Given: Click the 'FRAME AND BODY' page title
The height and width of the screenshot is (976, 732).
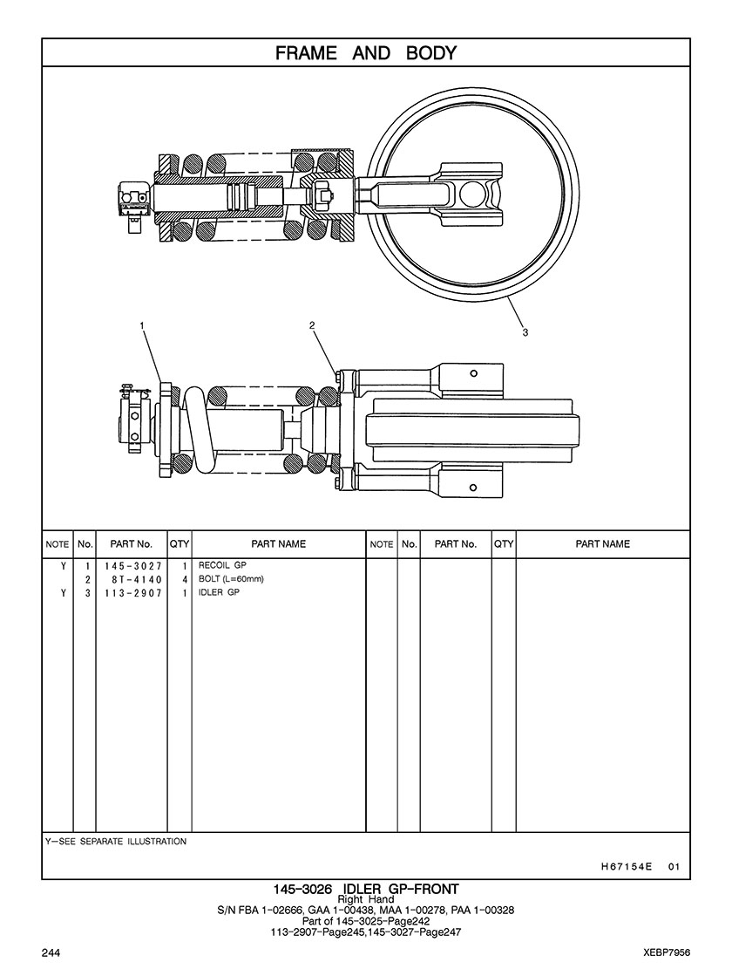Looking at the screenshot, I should coord(366,53).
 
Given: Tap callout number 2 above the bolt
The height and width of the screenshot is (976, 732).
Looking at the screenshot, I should coord(312,325).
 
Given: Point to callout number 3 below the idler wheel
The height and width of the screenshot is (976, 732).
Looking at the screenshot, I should coord(525,331).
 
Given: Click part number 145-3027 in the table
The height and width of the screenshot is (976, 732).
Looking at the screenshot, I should coord(133,565).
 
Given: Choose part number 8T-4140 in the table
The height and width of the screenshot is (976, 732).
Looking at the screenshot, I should coord(133,579).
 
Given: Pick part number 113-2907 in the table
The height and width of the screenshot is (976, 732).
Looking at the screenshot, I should coord(133,593).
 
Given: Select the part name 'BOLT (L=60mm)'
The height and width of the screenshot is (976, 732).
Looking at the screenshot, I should coord(231,579).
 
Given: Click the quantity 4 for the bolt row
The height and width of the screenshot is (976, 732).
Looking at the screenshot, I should coord(185,579).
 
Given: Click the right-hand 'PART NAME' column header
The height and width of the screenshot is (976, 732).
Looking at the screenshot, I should coord(602,544).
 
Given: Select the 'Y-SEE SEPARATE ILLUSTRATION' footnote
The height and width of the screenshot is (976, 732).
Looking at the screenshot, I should coord(115,842).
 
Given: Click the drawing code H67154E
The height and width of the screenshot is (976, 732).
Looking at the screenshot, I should coord(627,867).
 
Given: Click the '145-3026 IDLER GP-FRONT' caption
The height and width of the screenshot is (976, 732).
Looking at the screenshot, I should coord(366,889).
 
